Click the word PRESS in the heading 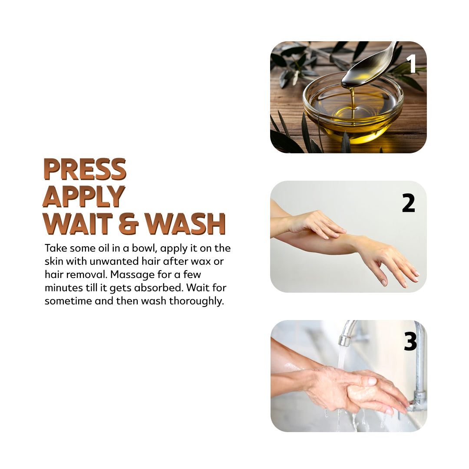coord(85,169)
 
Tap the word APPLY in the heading coord(84,197)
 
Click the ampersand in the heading coord(129,224)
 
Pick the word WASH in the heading coord(185,224)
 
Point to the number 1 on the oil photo coord(411,64)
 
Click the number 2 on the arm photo coord(409,203)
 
